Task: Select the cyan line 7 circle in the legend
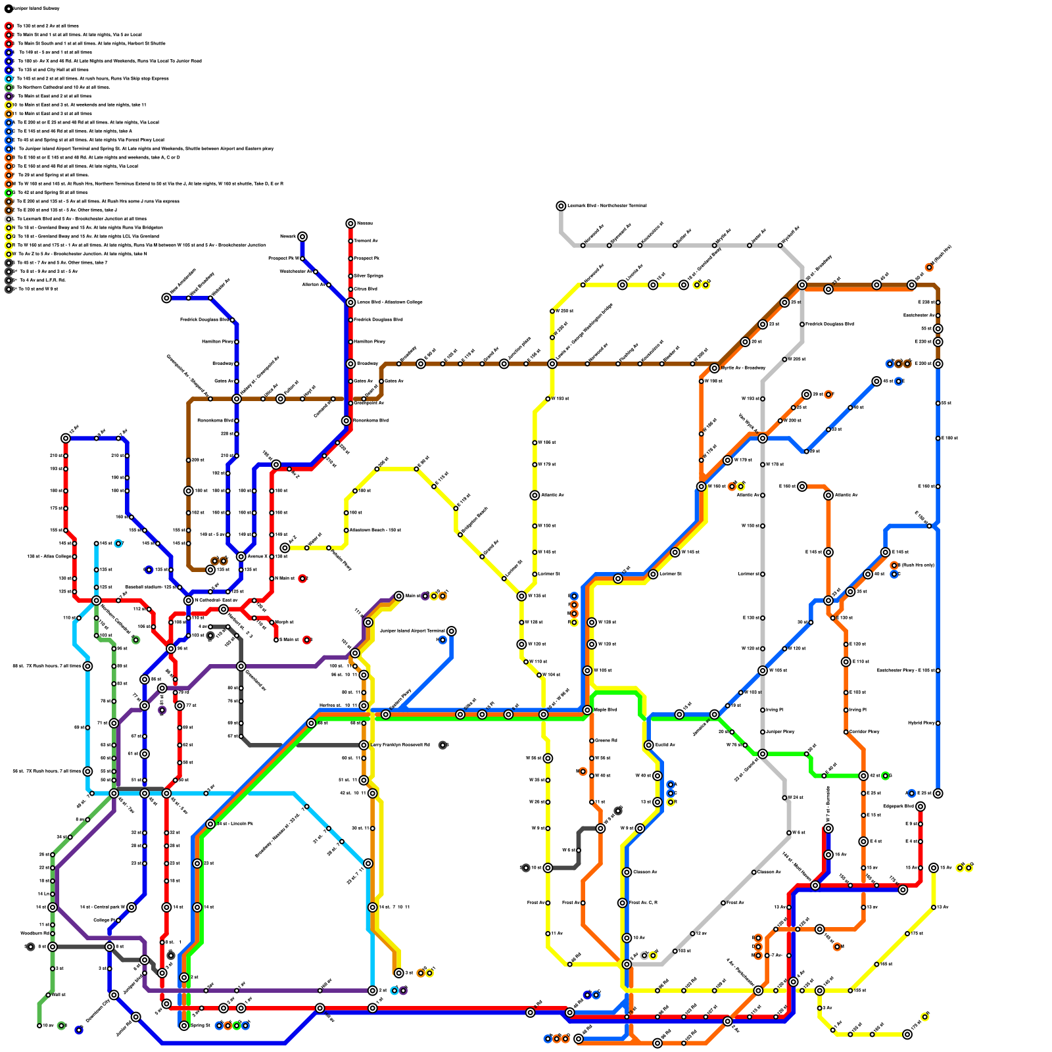[x=9, y=78]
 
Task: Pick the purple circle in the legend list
[x=9, y=96]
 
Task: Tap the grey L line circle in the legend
[x=9, y=219]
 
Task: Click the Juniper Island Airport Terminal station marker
[x=451, y=631]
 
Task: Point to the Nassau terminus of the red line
[x=350, y=224]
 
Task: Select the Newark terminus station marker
[x=302, y=237]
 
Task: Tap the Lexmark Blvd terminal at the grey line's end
[x=561, y=206]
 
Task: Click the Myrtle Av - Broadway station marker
[x=714, y=368]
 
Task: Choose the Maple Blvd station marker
[x=587, y=710]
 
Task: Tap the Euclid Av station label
[x=665, y=745]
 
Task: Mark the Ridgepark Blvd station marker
[x=920, y=806]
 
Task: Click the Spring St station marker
[x=184, y=1025]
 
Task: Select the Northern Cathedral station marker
[x=96, y=600]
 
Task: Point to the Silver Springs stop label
[x=368, y=275]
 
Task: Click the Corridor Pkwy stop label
[x=864, y=732]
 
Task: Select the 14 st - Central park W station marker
[x=131, y=907]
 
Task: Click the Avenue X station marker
[x=241, y=556]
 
